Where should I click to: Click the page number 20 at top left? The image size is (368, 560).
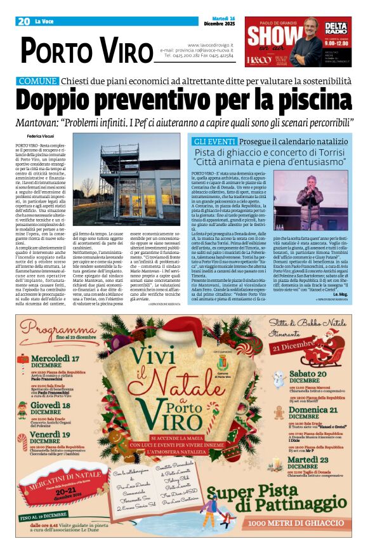[x=24, y=22]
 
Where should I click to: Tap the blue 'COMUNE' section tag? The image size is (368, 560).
[x=37, y=81]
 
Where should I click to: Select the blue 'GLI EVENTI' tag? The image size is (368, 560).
[x=214, y=141]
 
